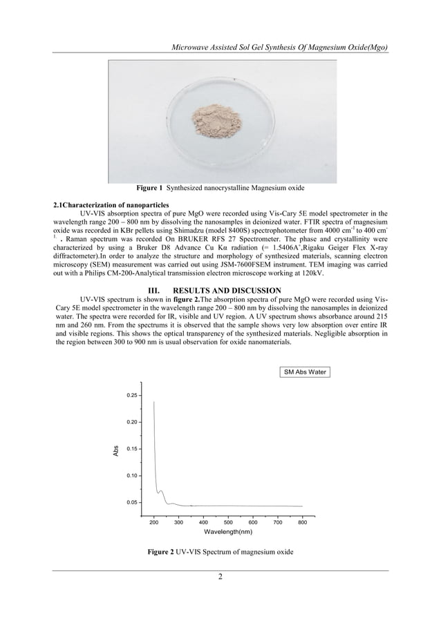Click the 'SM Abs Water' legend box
[304, 372]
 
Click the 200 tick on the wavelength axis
[153, 523]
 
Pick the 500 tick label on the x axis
[228, 523]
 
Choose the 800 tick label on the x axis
[302, 523]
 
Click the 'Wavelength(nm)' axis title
[227, 533]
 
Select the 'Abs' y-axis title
[116, 450]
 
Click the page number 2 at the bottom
[220, 577]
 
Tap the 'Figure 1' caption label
[149, 188]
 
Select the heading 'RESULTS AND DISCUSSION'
[237, 290]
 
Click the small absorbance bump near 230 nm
[161, 492]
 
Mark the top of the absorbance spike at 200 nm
[153, 402]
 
